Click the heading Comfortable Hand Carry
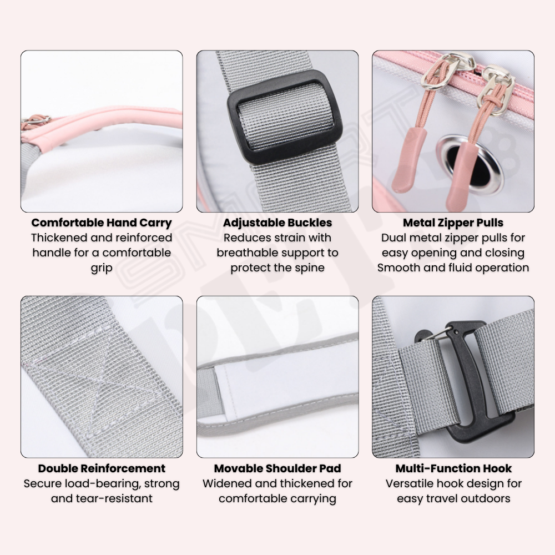102,223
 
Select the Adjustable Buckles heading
277,223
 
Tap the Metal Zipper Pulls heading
453,223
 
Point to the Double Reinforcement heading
102,468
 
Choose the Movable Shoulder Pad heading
277,468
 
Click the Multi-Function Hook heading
453,468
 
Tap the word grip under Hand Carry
102,268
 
